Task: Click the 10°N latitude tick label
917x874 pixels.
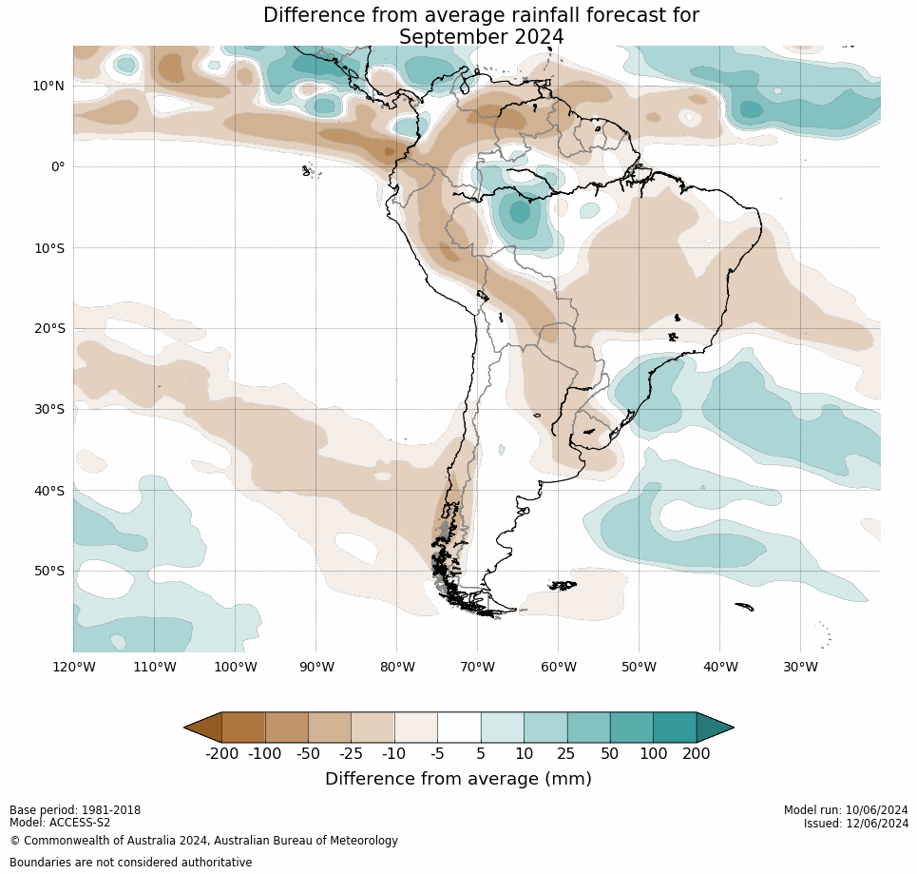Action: tap(48, 86)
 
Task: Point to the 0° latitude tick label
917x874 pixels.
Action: tap(57, 166)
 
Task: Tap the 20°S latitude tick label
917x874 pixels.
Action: tap(48, 328)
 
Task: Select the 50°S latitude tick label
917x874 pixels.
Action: tap(48, 571)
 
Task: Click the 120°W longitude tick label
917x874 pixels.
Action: tap(73, 667)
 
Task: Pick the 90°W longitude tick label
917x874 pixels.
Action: tap(316, 667)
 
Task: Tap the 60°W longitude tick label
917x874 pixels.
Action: tap(559, 667)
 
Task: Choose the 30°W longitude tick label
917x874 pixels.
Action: tap(801, 667)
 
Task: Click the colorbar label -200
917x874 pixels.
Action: tap(222, 754)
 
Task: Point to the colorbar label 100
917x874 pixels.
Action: tap(653, 754)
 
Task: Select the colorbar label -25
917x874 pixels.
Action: tap(352, 754)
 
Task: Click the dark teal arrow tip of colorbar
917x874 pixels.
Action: tap(716, 728)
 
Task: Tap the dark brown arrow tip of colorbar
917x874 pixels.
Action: tap(202, 728)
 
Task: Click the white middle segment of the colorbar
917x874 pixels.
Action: tap(459, 728)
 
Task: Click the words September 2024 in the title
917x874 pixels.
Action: tap(481, 37)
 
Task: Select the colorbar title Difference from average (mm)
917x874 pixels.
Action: tap(458, 779)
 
